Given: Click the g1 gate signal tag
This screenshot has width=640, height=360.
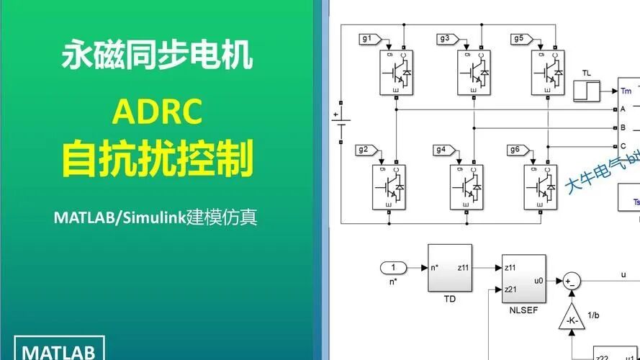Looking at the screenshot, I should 367,39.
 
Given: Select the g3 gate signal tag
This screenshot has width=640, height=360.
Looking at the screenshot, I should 445,39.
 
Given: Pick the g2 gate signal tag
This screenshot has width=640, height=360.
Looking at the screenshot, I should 364,150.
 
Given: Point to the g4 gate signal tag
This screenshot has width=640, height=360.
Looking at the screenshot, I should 442,150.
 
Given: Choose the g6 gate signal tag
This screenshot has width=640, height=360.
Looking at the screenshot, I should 515,150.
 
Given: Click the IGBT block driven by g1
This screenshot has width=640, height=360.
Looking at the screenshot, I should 395,71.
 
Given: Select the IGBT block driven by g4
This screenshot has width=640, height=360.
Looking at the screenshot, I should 467,186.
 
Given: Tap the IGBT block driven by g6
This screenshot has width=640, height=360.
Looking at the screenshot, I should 539,186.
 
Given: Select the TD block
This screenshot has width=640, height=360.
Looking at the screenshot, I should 450,267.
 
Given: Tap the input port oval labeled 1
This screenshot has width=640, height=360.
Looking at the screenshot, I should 393,268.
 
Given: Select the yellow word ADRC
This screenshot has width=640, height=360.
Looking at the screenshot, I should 158,110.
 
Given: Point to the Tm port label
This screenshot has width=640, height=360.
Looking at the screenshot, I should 625,91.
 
